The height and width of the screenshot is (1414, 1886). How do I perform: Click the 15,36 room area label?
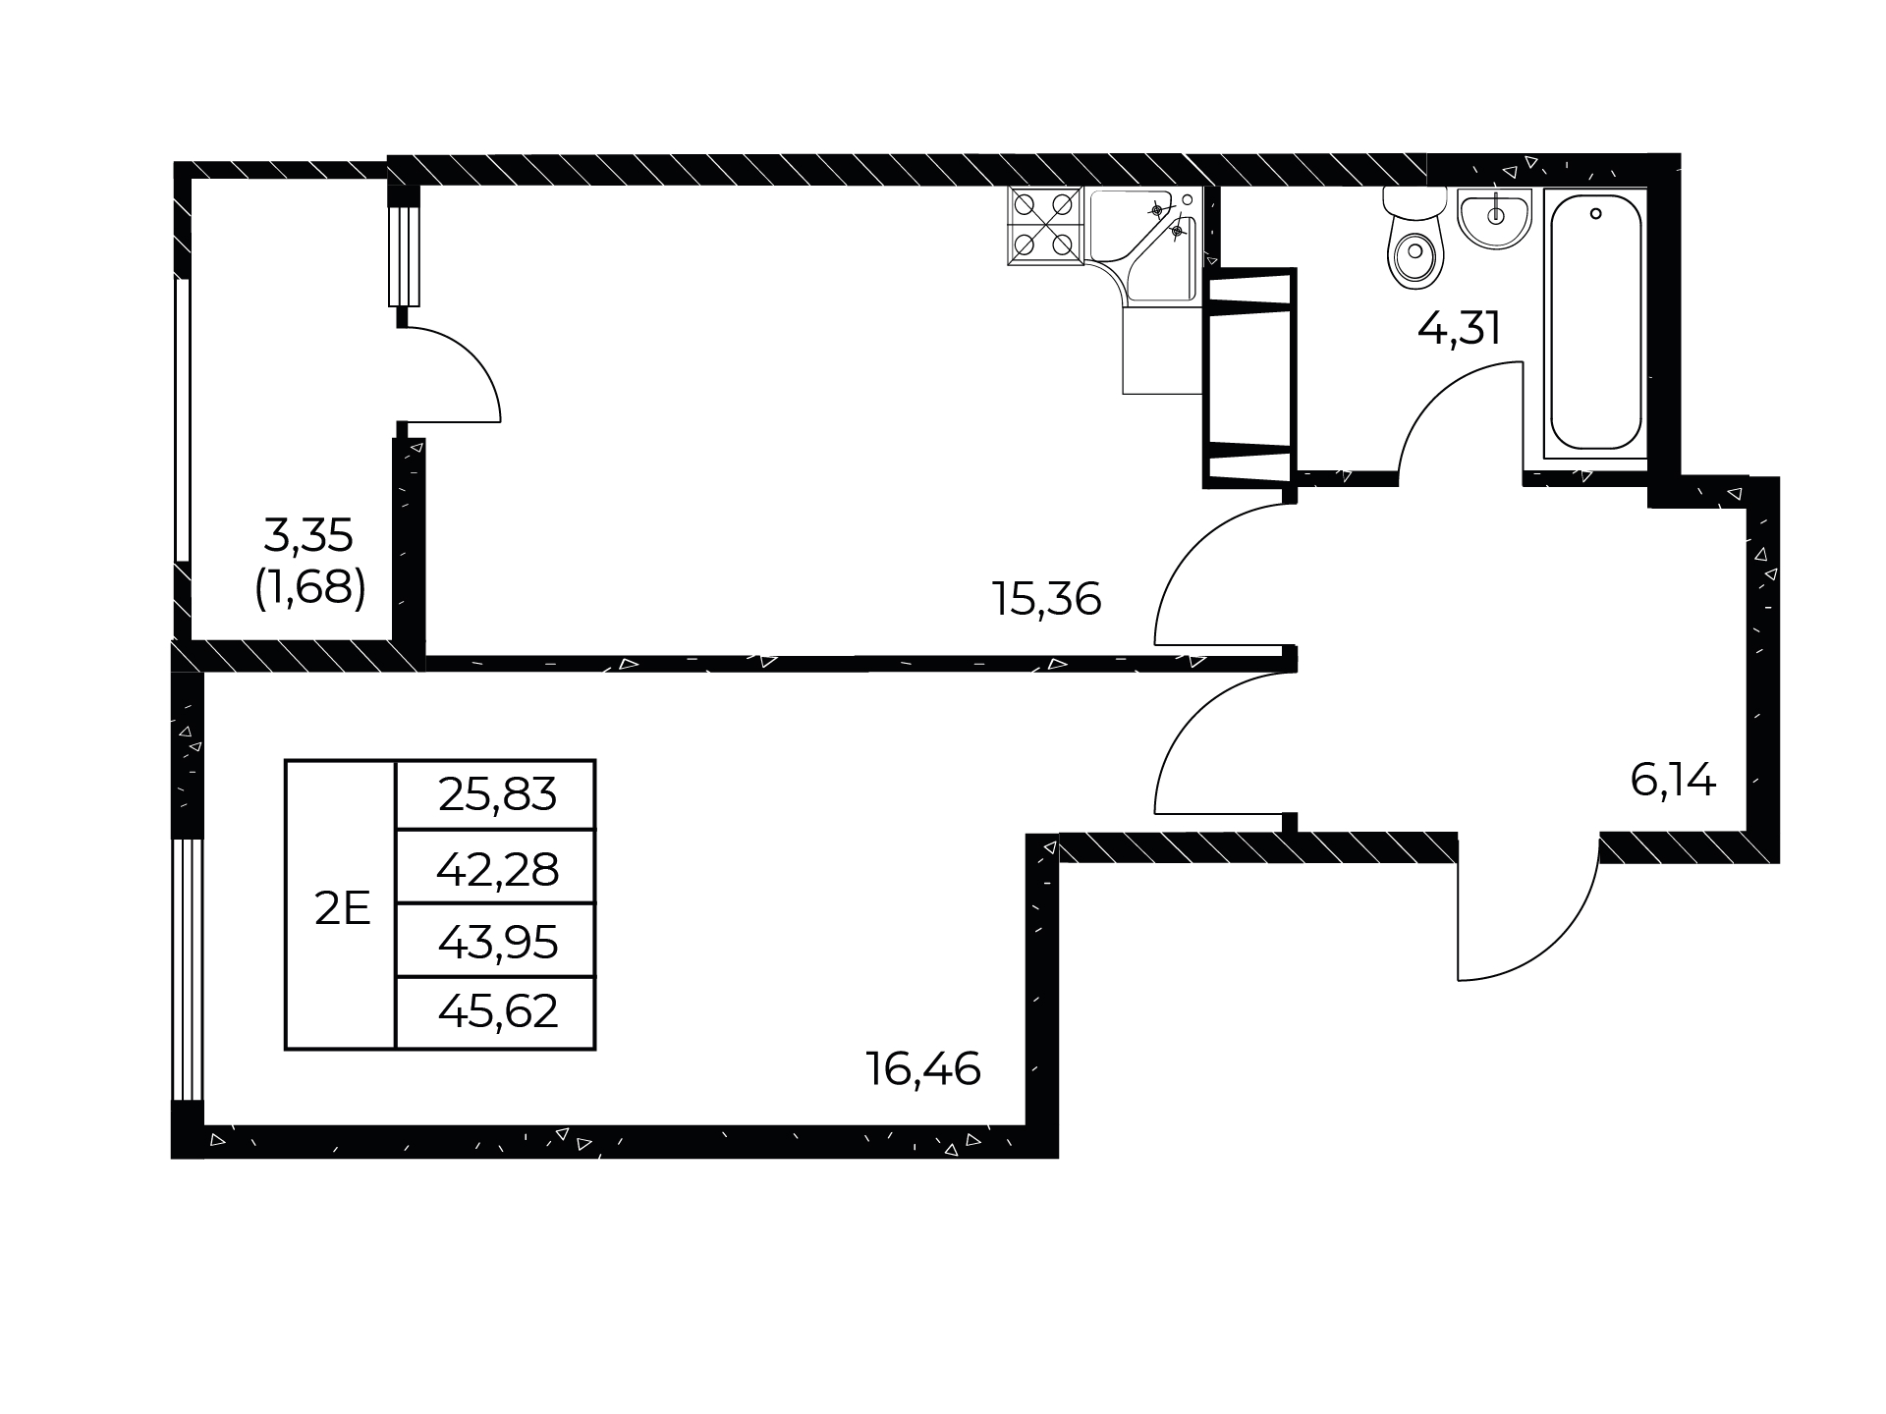click(1047, 598)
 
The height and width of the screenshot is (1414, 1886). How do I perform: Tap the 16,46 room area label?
click(923, 1068)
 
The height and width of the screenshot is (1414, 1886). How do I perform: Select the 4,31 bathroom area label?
click(1459, 328)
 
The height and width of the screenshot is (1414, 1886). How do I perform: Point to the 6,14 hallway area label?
click(1673, 781)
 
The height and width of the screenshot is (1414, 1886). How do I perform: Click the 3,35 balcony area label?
click(308, 536)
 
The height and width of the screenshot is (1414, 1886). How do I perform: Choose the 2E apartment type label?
click(342, 910)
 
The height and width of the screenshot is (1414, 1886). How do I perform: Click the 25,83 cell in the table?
click(497, 794)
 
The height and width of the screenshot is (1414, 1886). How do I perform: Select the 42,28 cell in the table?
click(497, 868)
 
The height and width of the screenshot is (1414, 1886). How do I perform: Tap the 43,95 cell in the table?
click(497, 942)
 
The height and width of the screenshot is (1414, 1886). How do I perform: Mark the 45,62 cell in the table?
click(497, 1012)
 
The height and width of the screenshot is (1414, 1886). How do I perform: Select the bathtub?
click(1595, 325)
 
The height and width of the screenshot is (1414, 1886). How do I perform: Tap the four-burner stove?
click(1044, 227)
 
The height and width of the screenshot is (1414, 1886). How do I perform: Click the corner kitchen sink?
click(1145, 245)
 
